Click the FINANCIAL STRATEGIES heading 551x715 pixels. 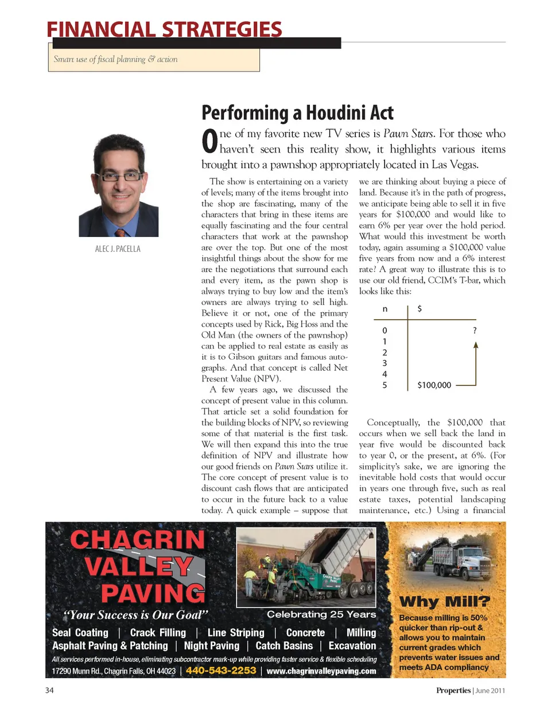coord(164,29)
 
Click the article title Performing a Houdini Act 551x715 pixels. coord(297,112)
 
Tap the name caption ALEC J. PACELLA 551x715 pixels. coord(118,249)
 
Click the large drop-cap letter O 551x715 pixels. coord(209,141)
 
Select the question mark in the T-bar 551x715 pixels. coord(475,331)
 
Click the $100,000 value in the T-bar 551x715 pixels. coord(434,385)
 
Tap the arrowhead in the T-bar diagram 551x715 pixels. coord(475,345)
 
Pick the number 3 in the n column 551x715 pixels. coord(385,363)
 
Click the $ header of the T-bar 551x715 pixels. coord(420,309)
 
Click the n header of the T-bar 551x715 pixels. coord(385,309)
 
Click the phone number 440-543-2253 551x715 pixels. coord(221,670)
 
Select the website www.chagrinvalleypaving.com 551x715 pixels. coord(321,671)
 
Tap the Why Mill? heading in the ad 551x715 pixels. coord(445,601)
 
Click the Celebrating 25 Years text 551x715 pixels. coord(321,614)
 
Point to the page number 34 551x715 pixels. coord(49,690)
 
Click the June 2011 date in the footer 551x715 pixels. coord(490,690)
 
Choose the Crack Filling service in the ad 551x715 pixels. coord(158,632)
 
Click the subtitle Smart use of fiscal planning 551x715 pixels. coord(115,59)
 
